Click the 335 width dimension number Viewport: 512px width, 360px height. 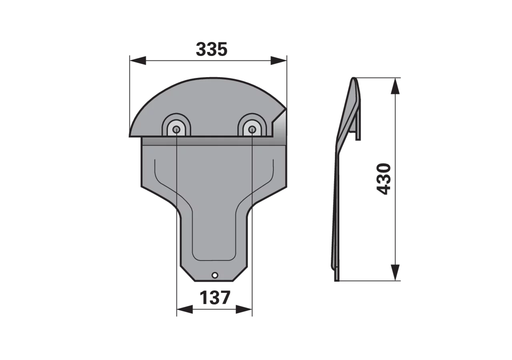click(x=212, y=49)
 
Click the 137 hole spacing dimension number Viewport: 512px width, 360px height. click(x=215, y=298)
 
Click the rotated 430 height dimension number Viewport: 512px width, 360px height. click(x=383, y=179)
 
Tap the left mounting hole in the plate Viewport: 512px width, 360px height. click(x=176, y=130)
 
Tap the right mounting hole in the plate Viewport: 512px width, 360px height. click(x=252, y=130)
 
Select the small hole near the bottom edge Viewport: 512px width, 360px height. click(x=215, y=275)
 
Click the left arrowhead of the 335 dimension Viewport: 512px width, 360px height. click(x=138, y=60)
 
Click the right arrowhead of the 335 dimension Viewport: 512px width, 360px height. click(x=279, y=60)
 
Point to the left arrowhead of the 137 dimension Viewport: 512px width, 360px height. click(x=185, y=310)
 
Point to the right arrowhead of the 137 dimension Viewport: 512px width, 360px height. click(x=244, y=310)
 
